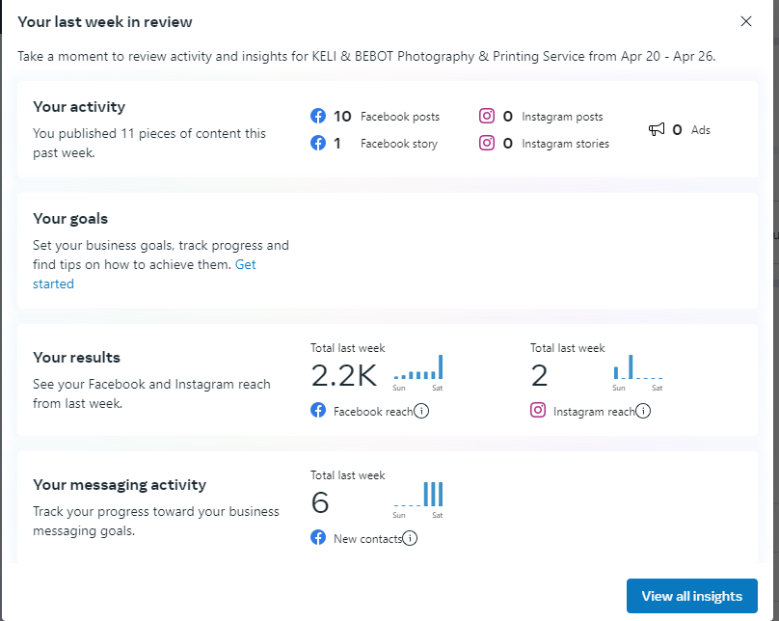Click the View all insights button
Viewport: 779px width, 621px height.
point(691,596)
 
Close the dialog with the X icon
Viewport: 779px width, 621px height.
point(746,21)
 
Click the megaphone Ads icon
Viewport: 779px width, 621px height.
point(657,129)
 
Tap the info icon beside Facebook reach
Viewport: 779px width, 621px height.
point(421,412)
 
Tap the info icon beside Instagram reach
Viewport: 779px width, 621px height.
point(643,412)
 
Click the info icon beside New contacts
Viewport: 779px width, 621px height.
point(410,539)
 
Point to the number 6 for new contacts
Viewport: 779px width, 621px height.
point(320,502)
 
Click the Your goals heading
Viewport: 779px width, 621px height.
point(70,219)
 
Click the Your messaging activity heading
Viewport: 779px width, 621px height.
point(120,485)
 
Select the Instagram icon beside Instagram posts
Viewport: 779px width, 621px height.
point(487,117)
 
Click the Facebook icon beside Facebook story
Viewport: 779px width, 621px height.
point(318,144)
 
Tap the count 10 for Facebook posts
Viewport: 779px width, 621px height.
point(342,117)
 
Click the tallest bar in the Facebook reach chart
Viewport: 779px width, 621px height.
point(441,367)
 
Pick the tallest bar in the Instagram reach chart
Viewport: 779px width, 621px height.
point(631,367)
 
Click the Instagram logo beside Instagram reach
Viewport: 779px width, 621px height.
point(538,411)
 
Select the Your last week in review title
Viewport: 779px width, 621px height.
point(105,21)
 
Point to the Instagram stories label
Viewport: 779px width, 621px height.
point(565,144)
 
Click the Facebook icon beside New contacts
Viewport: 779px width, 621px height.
point(318,538)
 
